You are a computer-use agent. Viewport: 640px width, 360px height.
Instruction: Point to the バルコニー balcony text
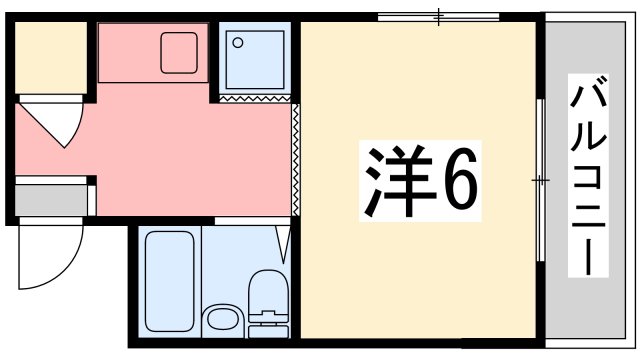[588, 180]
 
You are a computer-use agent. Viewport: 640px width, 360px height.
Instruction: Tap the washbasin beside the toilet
[221, 322]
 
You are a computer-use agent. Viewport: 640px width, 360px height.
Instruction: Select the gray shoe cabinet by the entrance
[50, 199]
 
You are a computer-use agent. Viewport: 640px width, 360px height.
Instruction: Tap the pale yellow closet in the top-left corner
[50, 57]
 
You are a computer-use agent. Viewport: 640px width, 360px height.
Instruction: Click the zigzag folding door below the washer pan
[254, 99]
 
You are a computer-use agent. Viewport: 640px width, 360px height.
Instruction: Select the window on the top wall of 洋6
[438, 17]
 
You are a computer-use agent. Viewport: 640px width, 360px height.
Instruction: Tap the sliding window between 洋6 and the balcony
[539, 180]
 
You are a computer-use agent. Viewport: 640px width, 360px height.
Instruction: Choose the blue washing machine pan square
[255, 58]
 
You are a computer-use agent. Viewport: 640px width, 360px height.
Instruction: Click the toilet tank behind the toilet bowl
[267, 321]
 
